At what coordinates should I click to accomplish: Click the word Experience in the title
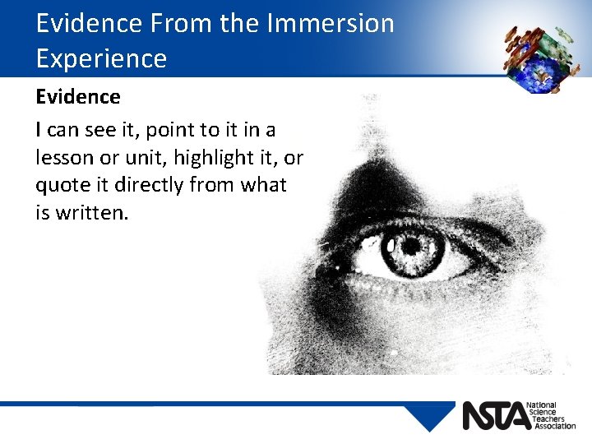(x=101, y=58)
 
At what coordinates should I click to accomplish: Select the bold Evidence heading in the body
(x=78, y=97)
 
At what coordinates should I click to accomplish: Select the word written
(x=90, y=213)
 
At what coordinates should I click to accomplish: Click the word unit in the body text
(x=134, y=157)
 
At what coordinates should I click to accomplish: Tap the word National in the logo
(x=543, y=405)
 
